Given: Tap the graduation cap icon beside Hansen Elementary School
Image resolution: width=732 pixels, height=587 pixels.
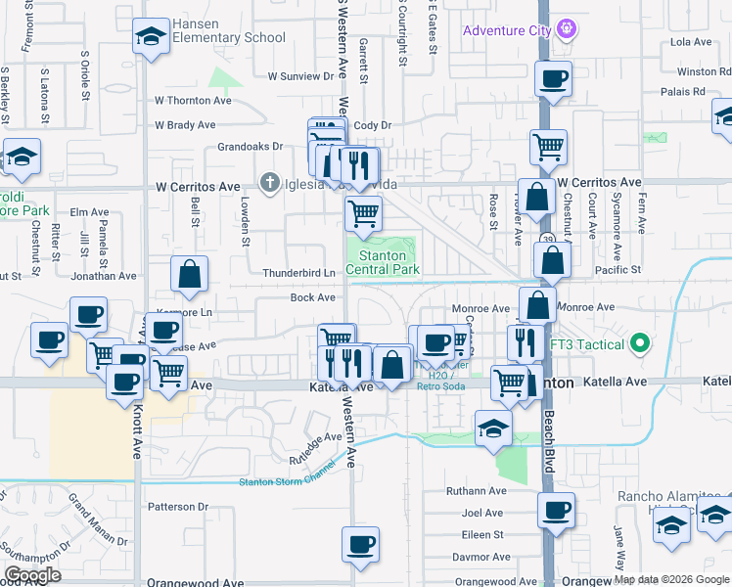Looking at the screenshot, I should click(149, 37).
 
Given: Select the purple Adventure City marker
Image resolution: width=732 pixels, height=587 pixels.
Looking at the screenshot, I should click(566, 30).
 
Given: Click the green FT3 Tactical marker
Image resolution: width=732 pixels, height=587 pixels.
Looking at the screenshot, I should click(640, 343).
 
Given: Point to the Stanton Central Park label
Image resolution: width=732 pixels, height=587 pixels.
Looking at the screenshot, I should click(382, 262).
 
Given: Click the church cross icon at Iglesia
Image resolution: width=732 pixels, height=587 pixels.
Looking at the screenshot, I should click(269, 183).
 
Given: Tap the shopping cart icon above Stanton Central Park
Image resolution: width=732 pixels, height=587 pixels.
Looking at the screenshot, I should click(363, 212).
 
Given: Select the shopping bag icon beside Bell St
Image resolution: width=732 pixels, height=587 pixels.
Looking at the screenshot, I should click(190, 276).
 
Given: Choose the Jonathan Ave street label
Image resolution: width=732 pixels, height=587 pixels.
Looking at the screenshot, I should click(104, 277).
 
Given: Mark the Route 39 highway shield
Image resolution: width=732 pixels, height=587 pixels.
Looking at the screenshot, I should click(546, 239).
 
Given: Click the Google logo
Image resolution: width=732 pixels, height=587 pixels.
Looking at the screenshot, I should click(32, 575).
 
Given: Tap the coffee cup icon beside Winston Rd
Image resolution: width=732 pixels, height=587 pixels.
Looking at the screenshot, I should click(553, 79).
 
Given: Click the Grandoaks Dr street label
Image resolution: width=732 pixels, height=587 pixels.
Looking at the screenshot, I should click(250, 146).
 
